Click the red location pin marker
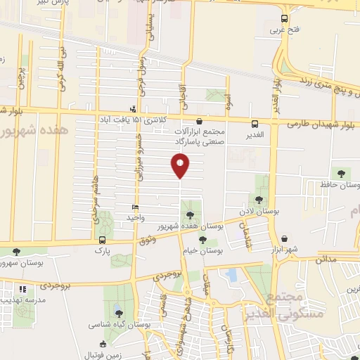coord(180,166)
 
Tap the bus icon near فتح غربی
coord(284,19)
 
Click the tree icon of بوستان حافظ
coord(342,173)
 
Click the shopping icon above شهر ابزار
coord(284,239)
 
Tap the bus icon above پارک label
coord(103,240)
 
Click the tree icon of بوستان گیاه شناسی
coord(118,314)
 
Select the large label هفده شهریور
coord(25,131)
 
